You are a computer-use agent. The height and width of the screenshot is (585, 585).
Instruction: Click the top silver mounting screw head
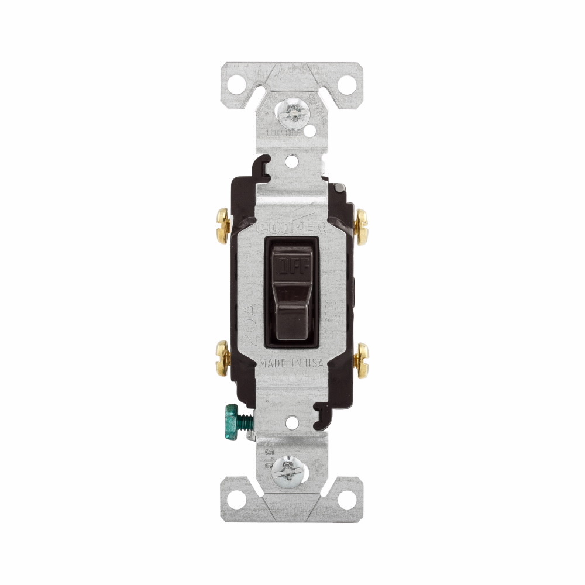click(x=292, y=111)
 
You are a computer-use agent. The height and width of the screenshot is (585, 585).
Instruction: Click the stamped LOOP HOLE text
click(x=280, y=134)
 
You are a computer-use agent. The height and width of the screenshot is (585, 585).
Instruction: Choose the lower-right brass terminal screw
click(x=362, y=357)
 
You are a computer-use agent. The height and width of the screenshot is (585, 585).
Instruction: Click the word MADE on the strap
click(x=273, y=363)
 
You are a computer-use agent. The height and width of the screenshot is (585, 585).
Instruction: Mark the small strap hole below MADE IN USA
click(x=292, y=419)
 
